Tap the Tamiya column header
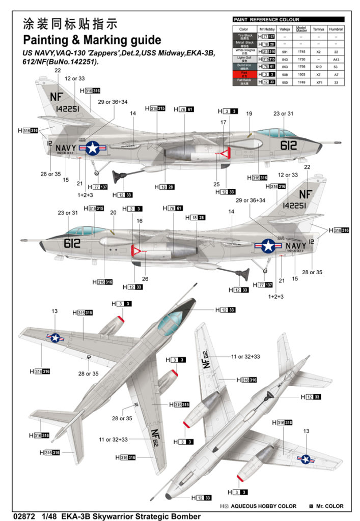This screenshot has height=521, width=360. pyautogui.click(x=318, y=30)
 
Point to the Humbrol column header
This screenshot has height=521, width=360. pyautogui.click(x=336, y=30)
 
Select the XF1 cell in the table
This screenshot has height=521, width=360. pyautogui.click(x=318, y=81)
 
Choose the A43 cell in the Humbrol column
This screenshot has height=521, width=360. pyautogui.click(x=336, y=59)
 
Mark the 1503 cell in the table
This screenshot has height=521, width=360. pyautogui.click(x=301, y=74)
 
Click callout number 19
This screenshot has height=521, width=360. pyautogui.click(x=249, y=113)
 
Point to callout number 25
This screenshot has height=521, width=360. pyautogui.click(x=216, y=184)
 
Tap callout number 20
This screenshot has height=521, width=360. pyautogui.click(x=114, y=213)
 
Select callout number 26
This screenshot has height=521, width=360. pyautogui.click(x=145, y=279)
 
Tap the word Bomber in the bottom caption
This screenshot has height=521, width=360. pyautogui.click(x=183, y=516)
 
